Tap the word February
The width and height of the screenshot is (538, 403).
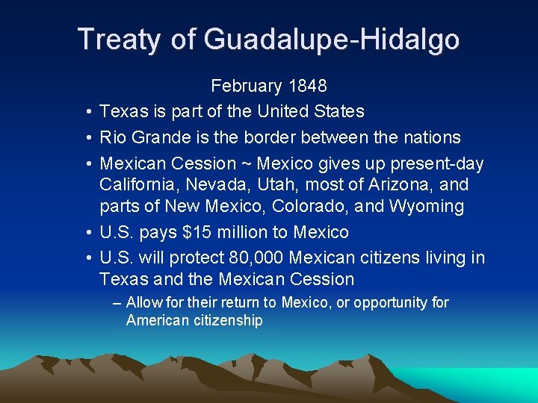tap(247, 87)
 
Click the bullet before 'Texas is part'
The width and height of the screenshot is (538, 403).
tap(88, 112)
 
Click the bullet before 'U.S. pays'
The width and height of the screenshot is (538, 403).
tap(88, 233)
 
